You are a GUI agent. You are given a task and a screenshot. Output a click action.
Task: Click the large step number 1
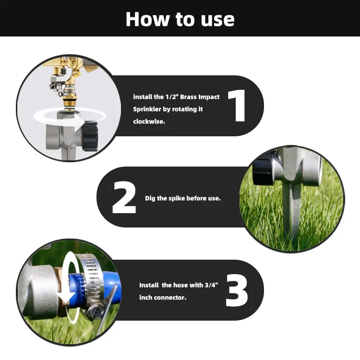(238, 106)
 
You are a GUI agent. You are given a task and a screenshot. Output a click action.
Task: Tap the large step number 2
(124, 197)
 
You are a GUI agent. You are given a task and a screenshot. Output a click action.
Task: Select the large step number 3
(237, 290)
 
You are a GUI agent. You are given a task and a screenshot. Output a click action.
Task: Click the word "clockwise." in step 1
(149, 121)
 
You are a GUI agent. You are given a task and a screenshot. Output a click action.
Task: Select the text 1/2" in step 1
(172, 96)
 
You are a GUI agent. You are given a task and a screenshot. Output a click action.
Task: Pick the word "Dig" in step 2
(150, 198)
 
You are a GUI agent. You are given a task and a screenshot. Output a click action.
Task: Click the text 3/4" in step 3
(211, 285)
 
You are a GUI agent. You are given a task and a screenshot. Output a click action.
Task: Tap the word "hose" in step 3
(180, 285)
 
